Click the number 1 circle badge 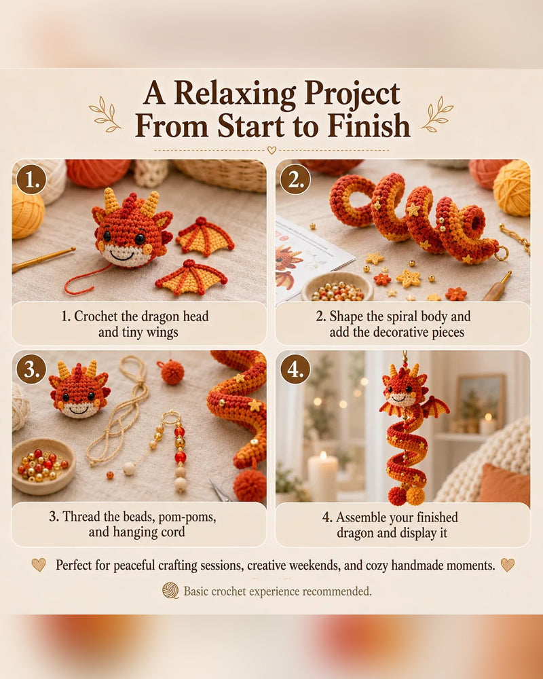(31, 179)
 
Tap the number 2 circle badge (295, 179)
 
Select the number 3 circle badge (31, 369)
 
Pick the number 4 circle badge (295, 369)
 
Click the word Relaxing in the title (236, 94)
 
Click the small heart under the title (271, 150)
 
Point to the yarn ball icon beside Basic (170, 591)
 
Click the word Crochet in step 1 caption (96, 316)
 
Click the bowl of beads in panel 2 (338, 287)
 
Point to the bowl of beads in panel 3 (43, 466)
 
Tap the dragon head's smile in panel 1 (121, 254)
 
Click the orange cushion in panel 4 (504, 484)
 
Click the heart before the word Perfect (39, 565)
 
